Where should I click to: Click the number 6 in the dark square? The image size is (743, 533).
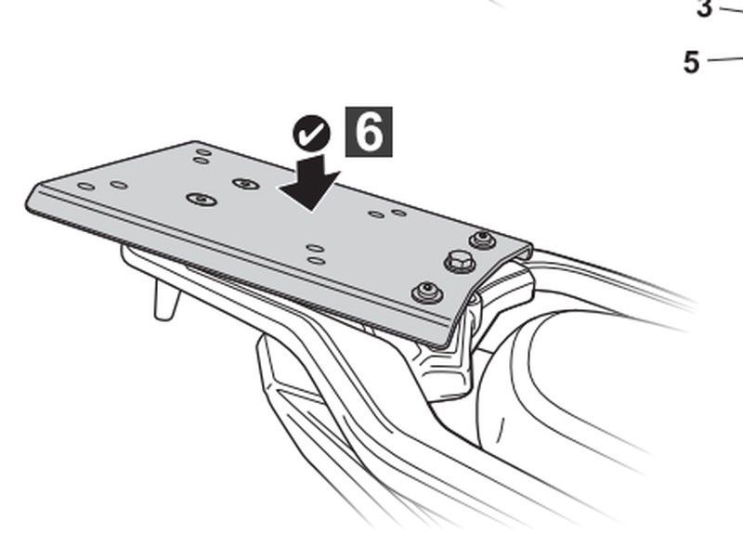pyautogui.click(x=369, y=132)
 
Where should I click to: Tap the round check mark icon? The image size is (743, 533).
pyautogui.click(x=311, y=133)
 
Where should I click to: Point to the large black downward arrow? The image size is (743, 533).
pyautogui.click(x=311, y=182)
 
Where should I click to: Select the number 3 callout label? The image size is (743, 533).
pyautogui.click(x=705, y=8)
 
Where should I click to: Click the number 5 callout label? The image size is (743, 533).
pyautogui.click(x=691, y=62)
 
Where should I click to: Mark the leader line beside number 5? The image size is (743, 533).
pyautogui.click(x=725, y=59)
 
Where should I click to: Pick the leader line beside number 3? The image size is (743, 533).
pyautogui.click(x=732, y=9)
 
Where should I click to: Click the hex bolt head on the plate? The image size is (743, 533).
pyautogui.click(x=460, y=262)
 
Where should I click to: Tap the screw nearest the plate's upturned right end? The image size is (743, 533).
pyautogui.click(x=482, y=240)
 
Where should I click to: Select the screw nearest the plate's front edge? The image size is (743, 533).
pyautogui.click(x=427, y=292)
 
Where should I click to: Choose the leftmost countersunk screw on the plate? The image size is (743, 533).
pyautogui.click(x=202, y=199)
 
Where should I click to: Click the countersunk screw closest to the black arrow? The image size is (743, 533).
pyautogui.click(x=246, y=183)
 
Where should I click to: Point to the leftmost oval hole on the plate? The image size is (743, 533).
pyautogui.click(x=86, y=187)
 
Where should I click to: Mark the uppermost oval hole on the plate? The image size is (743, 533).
pyautogui.click(x=204, y=152)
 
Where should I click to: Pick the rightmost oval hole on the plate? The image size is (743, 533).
pyautogui.click(x=399, y=213)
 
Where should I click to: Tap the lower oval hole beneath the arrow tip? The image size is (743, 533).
pyautogui.click(x=316, y=261)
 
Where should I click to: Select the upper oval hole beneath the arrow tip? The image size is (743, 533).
pyautogui.click(x=315, y=248)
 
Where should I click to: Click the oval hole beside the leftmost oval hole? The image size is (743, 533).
pyautogui.click(x=119, y=185)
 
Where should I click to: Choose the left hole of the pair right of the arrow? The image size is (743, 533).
pyautogui.click(x=376, y=214)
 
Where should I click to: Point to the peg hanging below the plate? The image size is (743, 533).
pyautogui.click(x=167, y=299)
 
